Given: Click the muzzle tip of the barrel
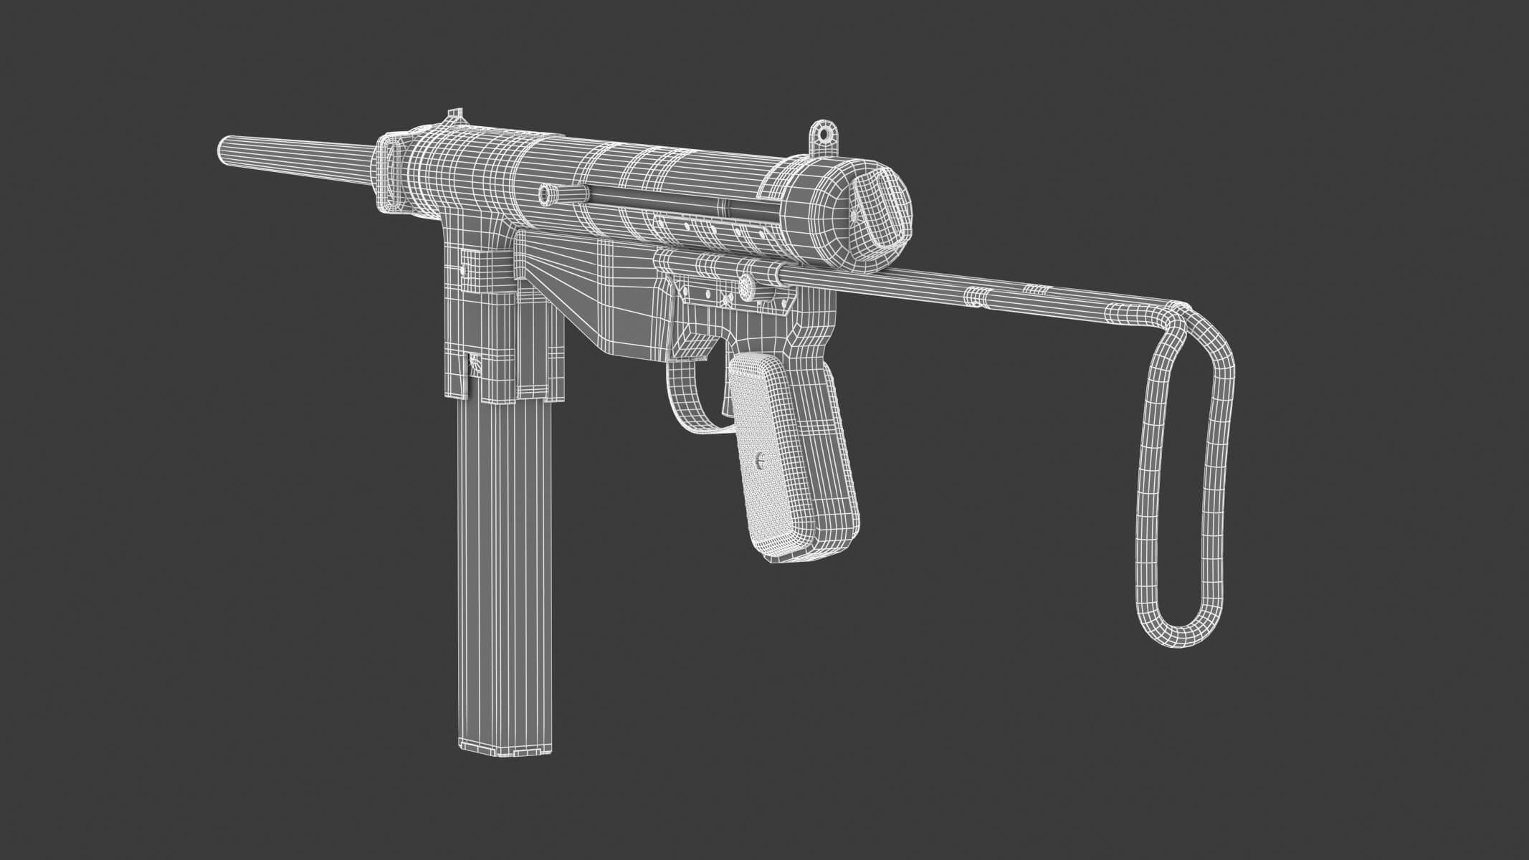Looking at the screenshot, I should (223, 150).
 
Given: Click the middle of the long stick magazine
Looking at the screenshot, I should (505, 573).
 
